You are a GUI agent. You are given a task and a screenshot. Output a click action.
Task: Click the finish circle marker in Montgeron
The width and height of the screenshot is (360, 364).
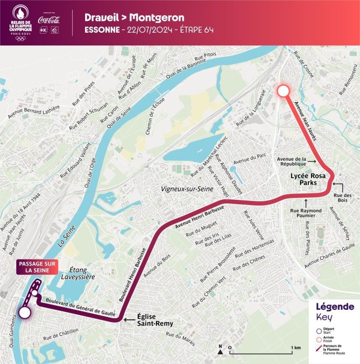pos(283,91)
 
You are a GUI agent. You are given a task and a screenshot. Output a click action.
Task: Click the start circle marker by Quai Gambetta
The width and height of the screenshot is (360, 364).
pos(24,313)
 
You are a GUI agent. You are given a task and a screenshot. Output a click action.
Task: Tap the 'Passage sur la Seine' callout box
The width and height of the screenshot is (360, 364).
pos(37,266)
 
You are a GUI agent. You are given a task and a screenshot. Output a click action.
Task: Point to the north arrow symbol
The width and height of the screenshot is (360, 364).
pos(220,348)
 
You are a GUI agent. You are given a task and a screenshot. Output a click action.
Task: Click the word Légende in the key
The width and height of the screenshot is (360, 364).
pos(335,307)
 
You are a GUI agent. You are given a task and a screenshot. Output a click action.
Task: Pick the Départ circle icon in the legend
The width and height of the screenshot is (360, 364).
pos(318,330)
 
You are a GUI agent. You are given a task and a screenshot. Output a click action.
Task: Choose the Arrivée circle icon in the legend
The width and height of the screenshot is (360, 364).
pos(318,339)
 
